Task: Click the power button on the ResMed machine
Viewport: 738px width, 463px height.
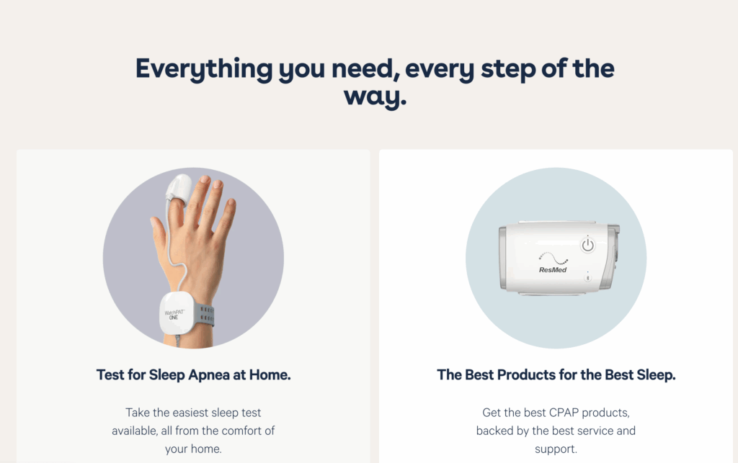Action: tap(587, 245)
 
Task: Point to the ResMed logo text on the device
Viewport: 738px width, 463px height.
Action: tap(553, 270)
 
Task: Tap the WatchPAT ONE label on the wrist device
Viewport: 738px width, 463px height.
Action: tap(174, 315)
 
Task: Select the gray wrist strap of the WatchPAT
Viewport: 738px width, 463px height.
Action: tap(204, 315)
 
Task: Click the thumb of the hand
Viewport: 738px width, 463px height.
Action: tap(159, 230)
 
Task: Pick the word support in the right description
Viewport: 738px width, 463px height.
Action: tap(556, 449)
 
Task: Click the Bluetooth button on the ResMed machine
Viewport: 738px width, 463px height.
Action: tap(587, 278)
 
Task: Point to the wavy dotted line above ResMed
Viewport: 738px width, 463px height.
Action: tap(553, 258)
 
